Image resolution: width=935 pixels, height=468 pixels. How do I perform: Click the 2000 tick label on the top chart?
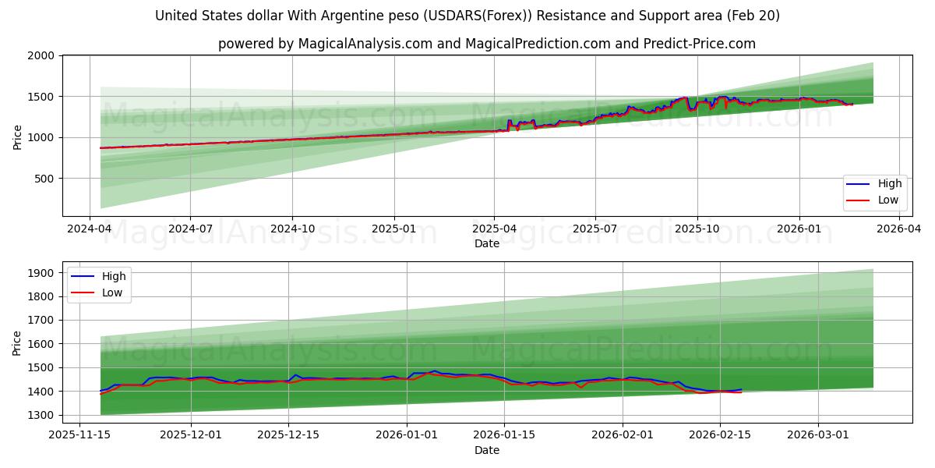pyautogui.click(x=41, y=56)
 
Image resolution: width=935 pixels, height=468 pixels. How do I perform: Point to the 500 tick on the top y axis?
pyautogui.click(x=44, y=179)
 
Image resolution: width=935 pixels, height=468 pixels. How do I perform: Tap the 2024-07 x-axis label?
pyautogui.click(x=191, y=229)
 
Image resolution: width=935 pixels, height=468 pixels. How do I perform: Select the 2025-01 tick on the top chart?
pyautogui.click(x=393, y=229)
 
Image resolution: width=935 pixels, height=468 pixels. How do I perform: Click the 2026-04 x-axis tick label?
pyautogui.click(x=900, y=229)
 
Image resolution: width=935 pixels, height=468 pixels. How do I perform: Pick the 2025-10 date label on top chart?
pyautogui.click(x=697, y=229)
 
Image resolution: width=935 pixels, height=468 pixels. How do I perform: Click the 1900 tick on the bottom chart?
pyautogui.click(x=41, y=273)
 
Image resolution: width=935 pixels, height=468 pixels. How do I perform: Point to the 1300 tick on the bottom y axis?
pyautogui.click(x=41, y=415)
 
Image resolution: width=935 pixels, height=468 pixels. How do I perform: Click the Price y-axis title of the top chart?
pyautogui.click(x=18, y=136)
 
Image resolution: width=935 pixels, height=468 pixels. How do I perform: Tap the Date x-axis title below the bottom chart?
pyautogui.click(x=487, y=450)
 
